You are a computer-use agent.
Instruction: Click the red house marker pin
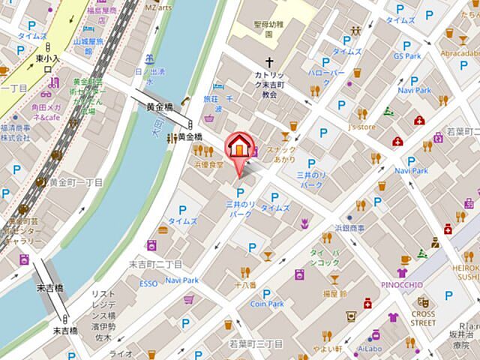click(x=238, y=146)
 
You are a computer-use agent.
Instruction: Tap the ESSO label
click(x=148, y=283)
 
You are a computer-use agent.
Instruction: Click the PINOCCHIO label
click(x=403, y=285)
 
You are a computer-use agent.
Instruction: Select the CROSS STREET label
click(x=422, y=318)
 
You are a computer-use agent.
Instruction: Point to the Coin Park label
click(x=267, y=304)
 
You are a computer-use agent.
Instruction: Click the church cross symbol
click(x=269, y=64)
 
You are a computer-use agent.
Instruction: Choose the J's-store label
click(x=361, y=127)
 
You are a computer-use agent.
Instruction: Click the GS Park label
click(x=407, y=55)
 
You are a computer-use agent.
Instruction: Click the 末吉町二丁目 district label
click(x=156, y=264)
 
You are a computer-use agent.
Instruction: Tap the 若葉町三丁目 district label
click(x=255, y=343)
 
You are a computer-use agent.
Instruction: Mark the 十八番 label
click(x=245, y=285)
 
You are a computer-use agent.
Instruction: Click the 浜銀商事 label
click(x=349, y=227)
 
